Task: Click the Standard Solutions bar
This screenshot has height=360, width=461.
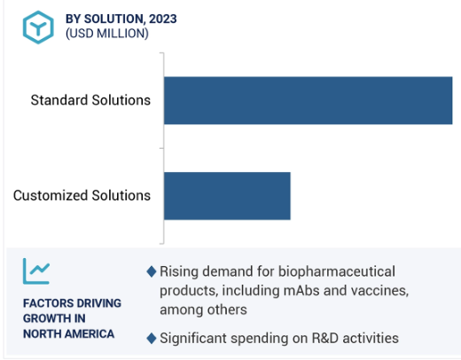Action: [x=309, y=100]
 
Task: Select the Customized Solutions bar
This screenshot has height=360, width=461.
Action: [x=227, y=196]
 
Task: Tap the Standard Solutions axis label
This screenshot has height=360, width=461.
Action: [x=90, y=100]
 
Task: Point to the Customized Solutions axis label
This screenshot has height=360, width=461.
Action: [x=82, y=196]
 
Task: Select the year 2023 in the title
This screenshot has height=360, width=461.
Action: [x=163, y=19]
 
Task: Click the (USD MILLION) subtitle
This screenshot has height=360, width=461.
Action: [x=107, y=34]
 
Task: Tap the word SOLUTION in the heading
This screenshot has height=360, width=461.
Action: [x=114, y=20]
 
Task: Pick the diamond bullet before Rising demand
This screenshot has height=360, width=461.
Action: [x=152, y=271]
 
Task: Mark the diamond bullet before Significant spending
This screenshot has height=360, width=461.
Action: [x=152, y=339]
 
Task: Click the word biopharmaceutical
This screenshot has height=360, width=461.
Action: [x=337, y=272]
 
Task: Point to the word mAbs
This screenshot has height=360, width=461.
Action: [x=301, y=291]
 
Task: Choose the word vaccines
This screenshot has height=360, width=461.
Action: [x=379, y=291]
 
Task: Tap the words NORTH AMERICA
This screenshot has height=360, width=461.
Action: [x=68, y=334]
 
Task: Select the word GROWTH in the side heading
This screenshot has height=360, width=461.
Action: [x=47, y=318]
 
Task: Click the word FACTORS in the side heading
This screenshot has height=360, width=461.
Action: [x=45, y=303]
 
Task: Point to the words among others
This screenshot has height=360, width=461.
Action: [x=203, y=310]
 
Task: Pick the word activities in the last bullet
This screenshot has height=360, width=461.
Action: [x=371, y=339]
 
